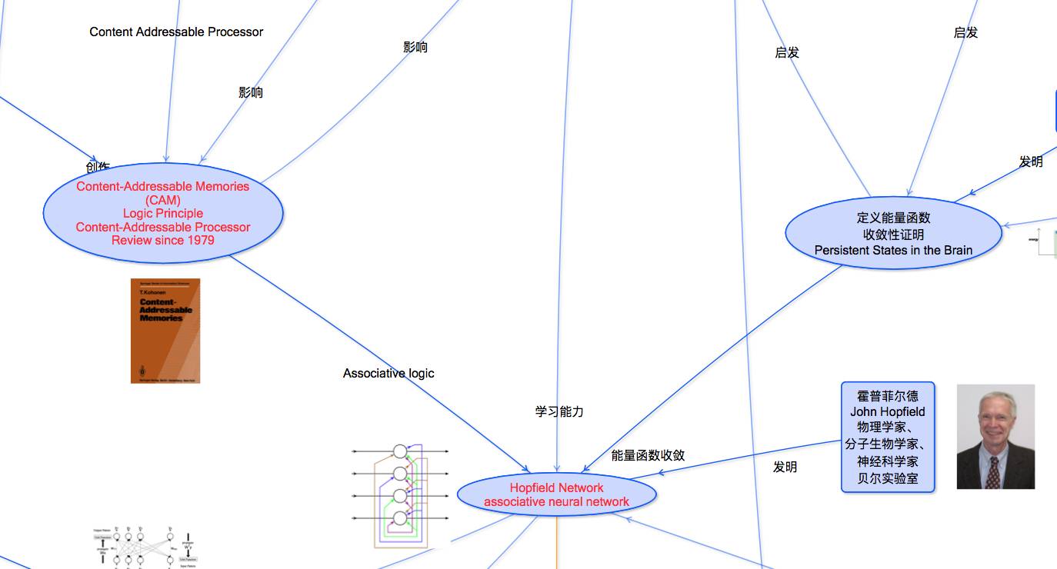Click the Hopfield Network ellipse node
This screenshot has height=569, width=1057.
click(x=556, y=494)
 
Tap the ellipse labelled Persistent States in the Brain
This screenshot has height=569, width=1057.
click(x=893, y=234)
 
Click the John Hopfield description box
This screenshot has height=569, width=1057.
click(x=887, y=437)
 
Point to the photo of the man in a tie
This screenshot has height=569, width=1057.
click(x=995, y=437)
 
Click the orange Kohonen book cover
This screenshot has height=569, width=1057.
click(x=165, y=331)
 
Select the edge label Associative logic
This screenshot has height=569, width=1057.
click(x=388, y=374)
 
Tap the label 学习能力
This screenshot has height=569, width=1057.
click(x=559, y=411)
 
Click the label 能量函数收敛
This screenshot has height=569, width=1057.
click(x=648, y=455)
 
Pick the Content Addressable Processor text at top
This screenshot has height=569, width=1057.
click(x=176, y=32)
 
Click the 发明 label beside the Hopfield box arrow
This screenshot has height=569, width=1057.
click(x=785, y=467)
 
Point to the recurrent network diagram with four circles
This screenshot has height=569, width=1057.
click(x=399, y=494)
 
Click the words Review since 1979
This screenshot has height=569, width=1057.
click(x=162, y=241)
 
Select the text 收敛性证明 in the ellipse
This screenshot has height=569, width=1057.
click(x=893, y=235)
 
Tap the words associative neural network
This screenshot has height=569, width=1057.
click(x=556, y=502)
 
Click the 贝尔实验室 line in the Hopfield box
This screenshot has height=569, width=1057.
click(x=887, y=478)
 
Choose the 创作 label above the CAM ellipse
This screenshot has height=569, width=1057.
click(x=98, y=166)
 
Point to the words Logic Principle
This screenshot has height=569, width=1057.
click(x=162, y=214)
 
